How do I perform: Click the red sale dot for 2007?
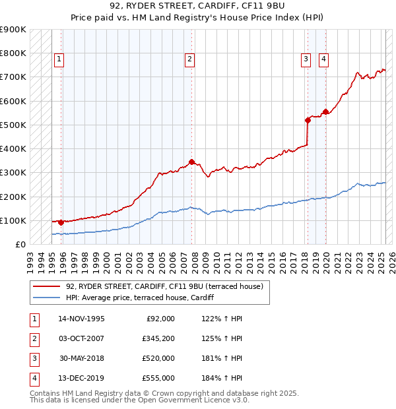click(x=192, y=162)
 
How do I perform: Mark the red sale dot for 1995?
click(x=61, y=222)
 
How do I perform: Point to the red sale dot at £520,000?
click(x=308, y=120)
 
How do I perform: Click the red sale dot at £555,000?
click(x=325, y=112)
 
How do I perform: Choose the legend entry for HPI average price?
click(x=145, y=298)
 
